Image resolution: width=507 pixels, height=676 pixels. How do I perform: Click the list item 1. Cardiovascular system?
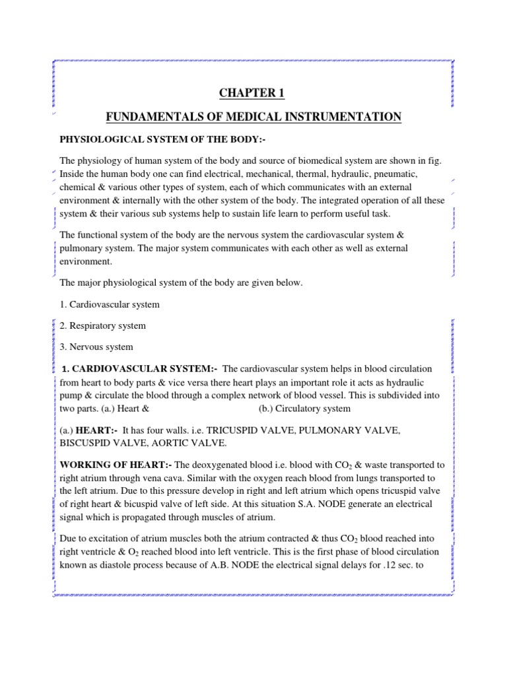[110, 304]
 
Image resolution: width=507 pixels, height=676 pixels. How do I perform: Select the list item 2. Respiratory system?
[103, 325]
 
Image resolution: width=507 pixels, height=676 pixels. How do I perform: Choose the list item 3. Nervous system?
[96, 347]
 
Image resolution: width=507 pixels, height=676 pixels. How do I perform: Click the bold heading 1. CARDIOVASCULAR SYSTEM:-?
[141, 368]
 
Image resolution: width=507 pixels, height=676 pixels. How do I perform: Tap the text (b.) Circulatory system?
[304, 408]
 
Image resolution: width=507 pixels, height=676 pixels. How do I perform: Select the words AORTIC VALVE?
[189, 442]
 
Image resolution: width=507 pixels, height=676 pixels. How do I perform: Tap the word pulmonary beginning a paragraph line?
[81, 248]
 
